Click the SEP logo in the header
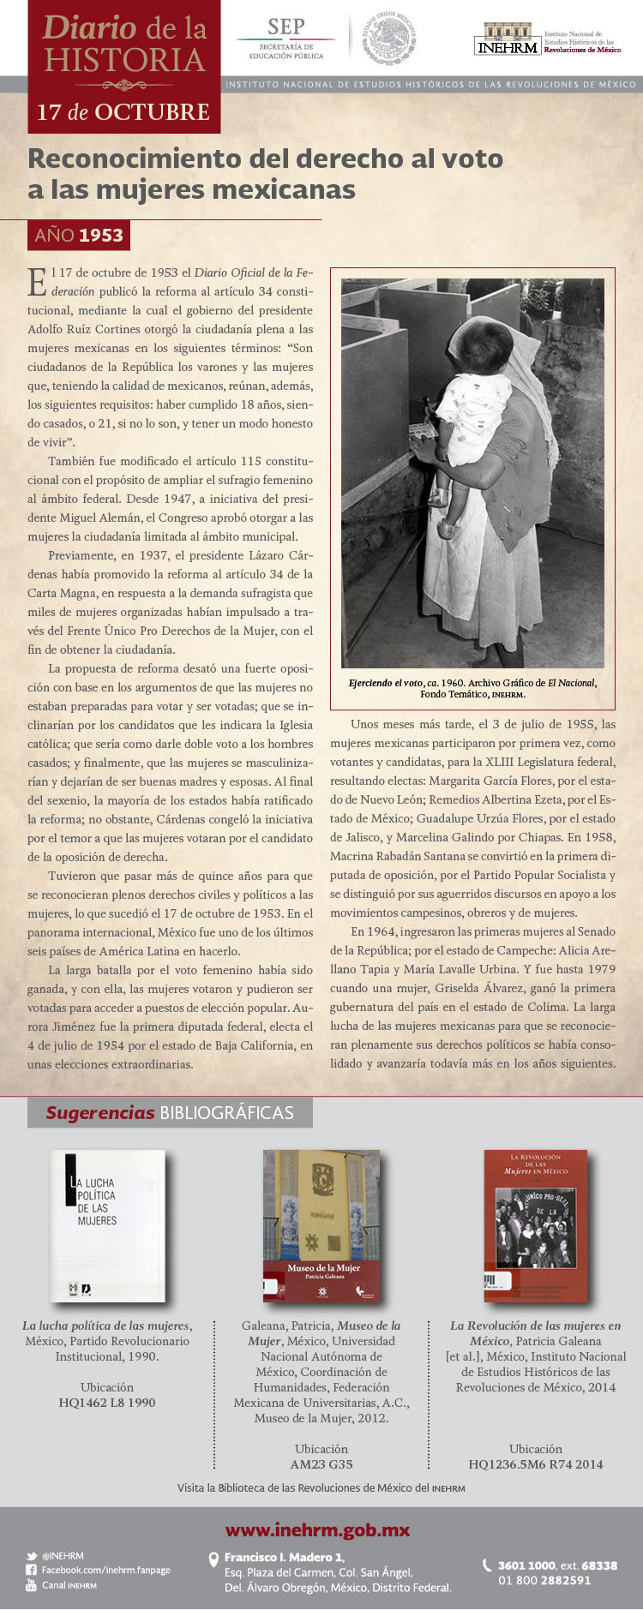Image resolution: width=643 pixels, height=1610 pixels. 285,39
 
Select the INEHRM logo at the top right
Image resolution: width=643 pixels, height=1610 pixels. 508,39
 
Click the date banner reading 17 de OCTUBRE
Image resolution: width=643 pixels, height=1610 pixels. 123,112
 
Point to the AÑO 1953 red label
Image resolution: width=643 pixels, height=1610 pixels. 79,235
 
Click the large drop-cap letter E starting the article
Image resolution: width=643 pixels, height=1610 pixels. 37,281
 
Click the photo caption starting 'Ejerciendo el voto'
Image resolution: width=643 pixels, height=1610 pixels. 472,688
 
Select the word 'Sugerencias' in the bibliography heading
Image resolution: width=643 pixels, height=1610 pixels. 99,1113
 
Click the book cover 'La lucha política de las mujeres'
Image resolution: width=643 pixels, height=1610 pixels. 107,1225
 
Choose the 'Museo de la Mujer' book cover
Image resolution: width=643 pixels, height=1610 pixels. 321,1225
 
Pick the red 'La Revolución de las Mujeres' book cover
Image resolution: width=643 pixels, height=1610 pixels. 536,1225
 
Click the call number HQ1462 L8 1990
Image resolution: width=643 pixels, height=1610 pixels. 107,1403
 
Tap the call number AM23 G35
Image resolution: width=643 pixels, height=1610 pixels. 321,1464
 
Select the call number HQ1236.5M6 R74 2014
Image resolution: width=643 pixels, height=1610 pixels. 536,1464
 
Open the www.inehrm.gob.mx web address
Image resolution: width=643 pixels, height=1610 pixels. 317,1529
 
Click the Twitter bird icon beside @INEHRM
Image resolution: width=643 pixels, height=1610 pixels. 32,1556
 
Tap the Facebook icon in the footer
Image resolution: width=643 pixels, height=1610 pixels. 32,1570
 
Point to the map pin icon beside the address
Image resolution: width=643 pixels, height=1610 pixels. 214,1560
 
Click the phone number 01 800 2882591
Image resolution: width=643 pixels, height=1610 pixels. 544,1580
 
